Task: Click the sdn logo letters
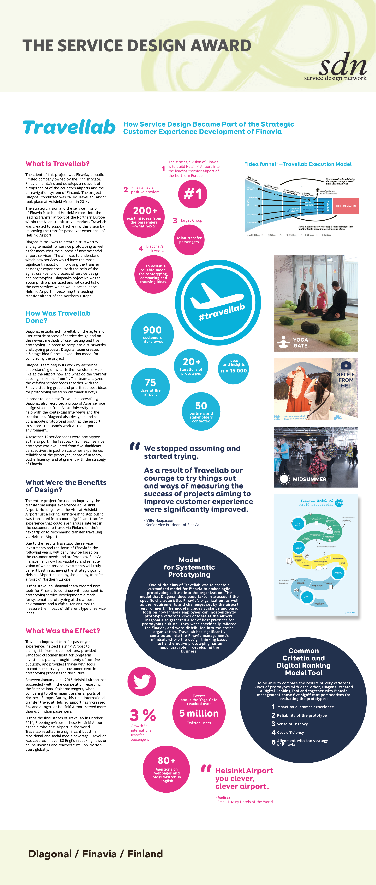tap(342, 65)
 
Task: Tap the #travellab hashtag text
tap(222, 312)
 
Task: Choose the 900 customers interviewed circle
tap(152, 334)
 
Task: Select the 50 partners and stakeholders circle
tap(201, 412)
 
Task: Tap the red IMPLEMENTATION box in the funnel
tap(345, 206)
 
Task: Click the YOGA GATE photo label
tap(300, 343)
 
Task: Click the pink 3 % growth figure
tap(143, 715)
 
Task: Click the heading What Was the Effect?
tap(62, 631)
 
